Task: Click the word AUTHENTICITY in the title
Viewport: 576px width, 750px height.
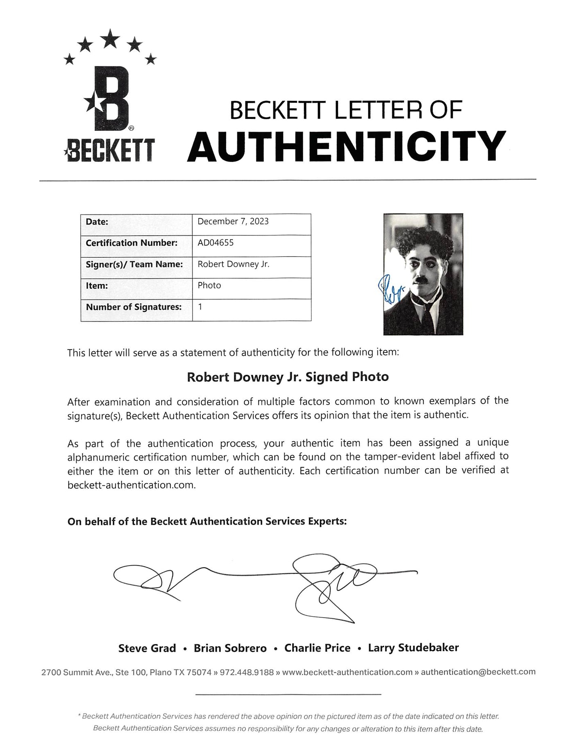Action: (x=346, y=146)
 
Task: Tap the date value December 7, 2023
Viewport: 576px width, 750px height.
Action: (x=233, y=221)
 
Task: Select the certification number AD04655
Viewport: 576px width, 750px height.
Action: (x=215, y=243)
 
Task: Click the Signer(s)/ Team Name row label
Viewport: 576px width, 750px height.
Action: (x=134, y=264)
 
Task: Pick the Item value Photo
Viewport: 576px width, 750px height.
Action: (x=209, y=285)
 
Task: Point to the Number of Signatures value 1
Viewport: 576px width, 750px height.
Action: (x=200, y=306)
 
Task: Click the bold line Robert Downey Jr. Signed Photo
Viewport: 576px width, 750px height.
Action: (x=288, y=377)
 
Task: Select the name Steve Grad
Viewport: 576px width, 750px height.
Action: (x=147, y=648)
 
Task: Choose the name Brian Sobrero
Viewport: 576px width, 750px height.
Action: (x=230, y=648)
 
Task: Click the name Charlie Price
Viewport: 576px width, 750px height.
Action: (x=317, y=648)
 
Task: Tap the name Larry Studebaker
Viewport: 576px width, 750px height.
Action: (x=413, y=648)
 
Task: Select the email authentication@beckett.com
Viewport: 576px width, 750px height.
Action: (x=478, y=672)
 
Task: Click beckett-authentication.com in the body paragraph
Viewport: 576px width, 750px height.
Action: (x=131, y=485)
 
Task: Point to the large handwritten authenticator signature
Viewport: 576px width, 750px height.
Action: (x=266, y=582)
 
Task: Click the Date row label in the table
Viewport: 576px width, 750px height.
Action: (x=97, y=222)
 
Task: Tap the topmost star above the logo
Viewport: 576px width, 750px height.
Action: (x=110, y=39)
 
